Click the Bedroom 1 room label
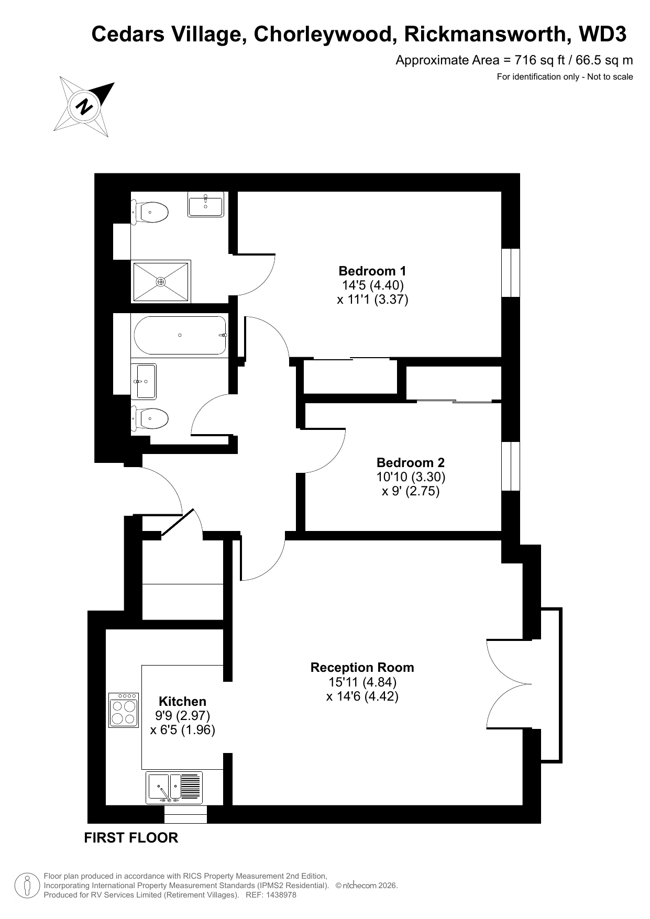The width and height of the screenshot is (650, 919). coord(372,271)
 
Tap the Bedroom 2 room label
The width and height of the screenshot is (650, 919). coord(411,462)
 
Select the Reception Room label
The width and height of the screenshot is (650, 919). coord(362,667)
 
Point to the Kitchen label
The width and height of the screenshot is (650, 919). coord(182,701)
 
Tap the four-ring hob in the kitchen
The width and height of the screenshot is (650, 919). coord(124,710)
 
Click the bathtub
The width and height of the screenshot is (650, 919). coord(180,335)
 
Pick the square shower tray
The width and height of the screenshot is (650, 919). coord(161,282)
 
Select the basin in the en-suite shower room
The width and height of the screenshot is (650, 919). coord(206,204)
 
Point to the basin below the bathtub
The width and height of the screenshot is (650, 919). coord(144,381)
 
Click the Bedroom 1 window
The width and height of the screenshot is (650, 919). coord(511,272)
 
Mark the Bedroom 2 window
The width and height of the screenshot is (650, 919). coord(511,466)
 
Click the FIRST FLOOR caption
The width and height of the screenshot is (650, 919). coord(131,838)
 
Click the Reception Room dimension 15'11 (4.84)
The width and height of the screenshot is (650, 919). coord(362,682)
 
